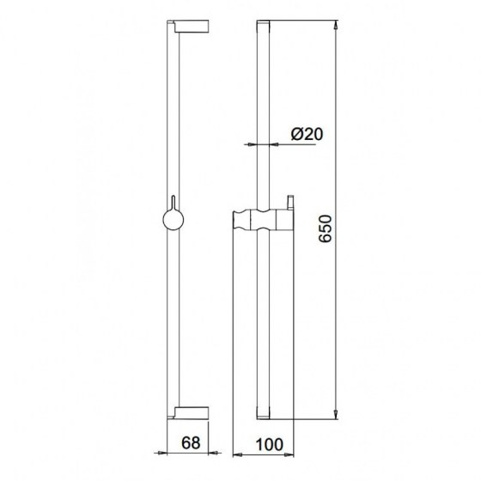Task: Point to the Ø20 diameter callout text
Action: pyautogui.click(x=305, y=135)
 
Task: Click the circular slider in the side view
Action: pyautogui.click(x=172, y=222)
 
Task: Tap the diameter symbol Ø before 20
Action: pyautogui.click(x=295, y=135)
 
